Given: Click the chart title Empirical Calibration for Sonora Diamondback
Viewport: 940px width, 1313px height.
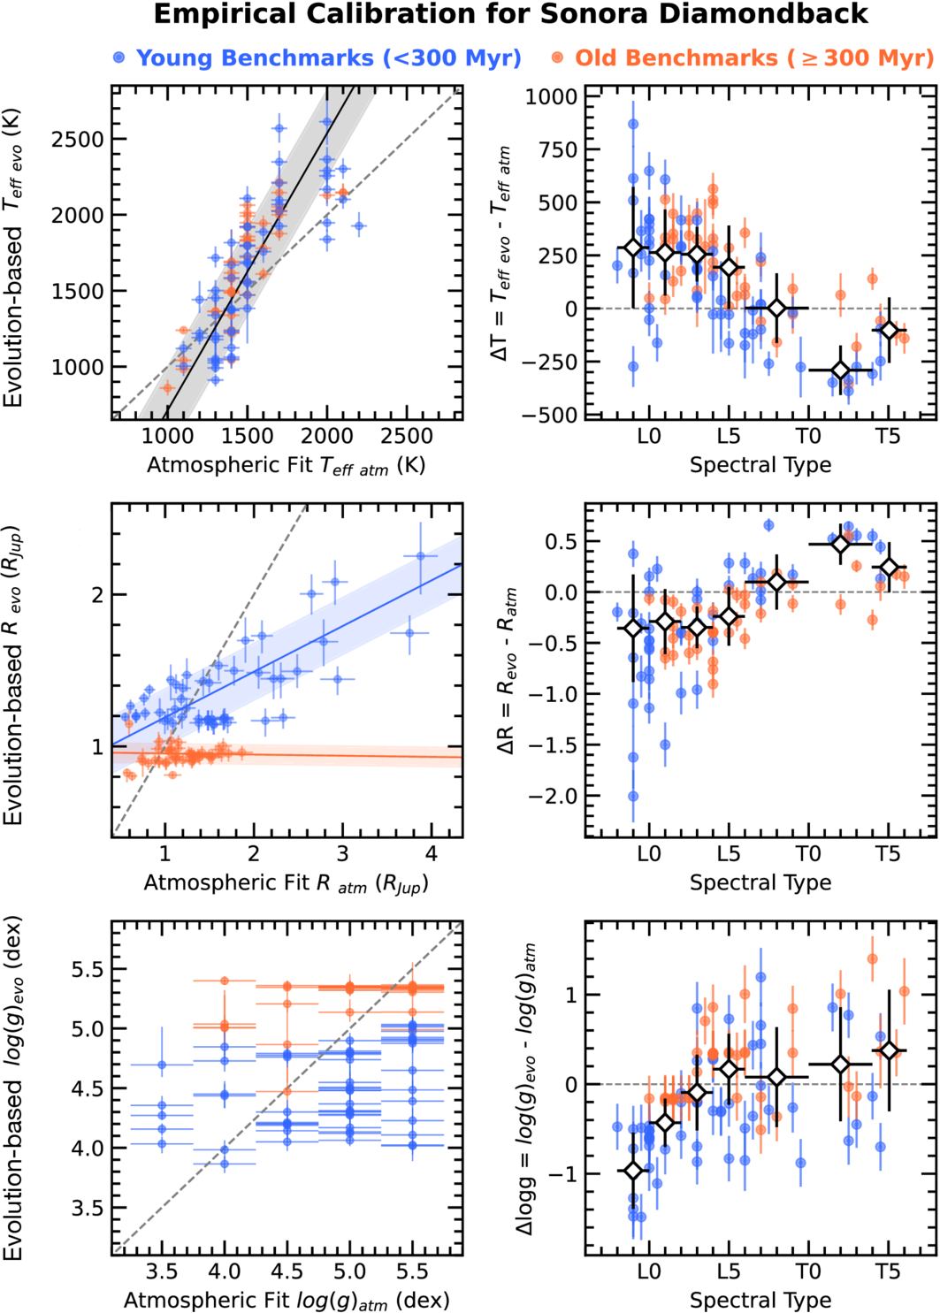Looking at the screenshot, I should pyautogui.click(x=510, y=15).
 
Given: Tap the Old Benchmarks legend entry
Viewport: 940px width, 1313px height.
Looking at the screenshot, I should pyautogui.click(x=745, y=58).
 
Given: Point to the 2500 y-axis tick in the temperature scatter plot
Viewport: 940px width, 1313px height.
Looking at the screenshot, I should pyautogui.click(x=78, y=139).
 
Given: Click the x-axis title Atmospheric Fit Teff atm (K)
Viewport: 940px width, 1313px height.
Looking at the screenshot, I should pyautogui.click(x=286, y=465).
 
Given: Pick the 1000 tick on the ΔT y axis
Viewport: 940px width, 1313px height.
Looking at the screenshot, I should pyautogui.click(x=551, y=96).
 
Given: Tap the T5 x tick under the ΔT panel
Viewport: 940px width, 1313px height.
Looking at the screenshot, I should pyautogui.click(x=887, y=436).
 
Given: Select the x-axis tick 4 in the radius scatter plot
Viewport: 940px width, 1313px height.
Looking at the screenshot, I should pyautogui.click(x=432, y=854).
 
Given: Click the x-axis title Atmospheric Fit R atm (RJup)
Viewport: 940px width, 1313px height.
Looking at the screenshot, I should pyautogui.click(x=286, y=882).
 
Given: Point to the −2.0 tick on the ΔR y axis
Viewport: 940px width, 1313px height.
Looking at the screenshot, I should pyautogui.click(x=553, y=796).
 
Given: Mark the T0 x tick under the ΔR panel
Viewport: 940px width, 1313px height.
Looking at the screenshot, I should pyautogui.click(x=807, y=854).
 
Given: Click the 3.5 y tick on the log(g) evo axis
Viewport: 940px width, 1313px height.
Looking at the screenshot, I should pyautogui.click(x=87, y=1208).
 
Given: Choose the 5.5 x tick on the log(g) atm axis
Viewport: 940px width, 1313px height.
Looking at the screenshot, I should pyautogui.click(x=412, y=1271).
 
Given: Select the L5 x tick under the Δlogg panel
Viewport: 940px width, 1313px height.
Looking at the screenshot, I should pyautogui.click(x=728, y=1271).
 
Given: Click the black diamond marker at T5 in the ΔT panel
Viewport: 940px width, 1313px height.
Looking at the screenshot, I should pyautogui.click(x=890, y=331).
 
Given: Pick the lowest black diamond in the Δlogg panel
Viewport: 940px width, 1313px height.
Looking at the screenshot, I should pyautogui.click(x=633, y=1171).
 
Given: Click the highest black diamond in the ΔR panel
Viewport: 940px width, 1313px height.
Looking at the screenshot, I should pyautogui.click(x=841, y=544).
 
